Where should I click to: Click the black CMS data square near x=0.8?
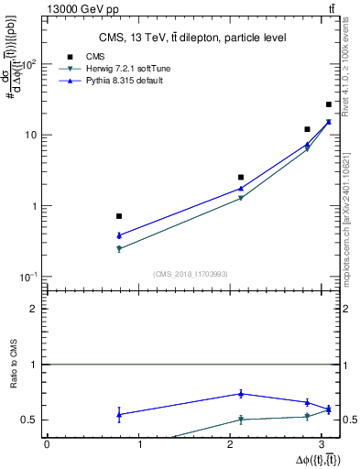[x=119, y=216]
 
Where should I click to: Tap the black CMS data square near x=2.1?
[x=241, y=177]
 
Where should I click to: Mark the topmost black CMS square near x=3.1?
[x=329, y=104]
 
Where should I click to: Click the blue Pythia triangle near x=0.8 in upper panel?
[x=119, y=235]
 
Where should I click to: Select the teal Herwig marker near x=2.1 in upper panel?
[x=241, y=198]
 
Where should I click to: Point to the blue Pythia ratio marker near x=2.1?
[x=241, y=394]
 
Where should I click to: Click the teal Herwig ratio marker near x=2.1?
[x=241, y=420]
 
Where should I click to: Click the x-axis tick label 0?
[x=47, y=444]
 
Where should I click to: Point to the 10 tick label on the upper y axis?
[x=29, y=135]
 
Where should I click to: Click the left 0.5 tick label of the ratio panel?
[x=31, y=420]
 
